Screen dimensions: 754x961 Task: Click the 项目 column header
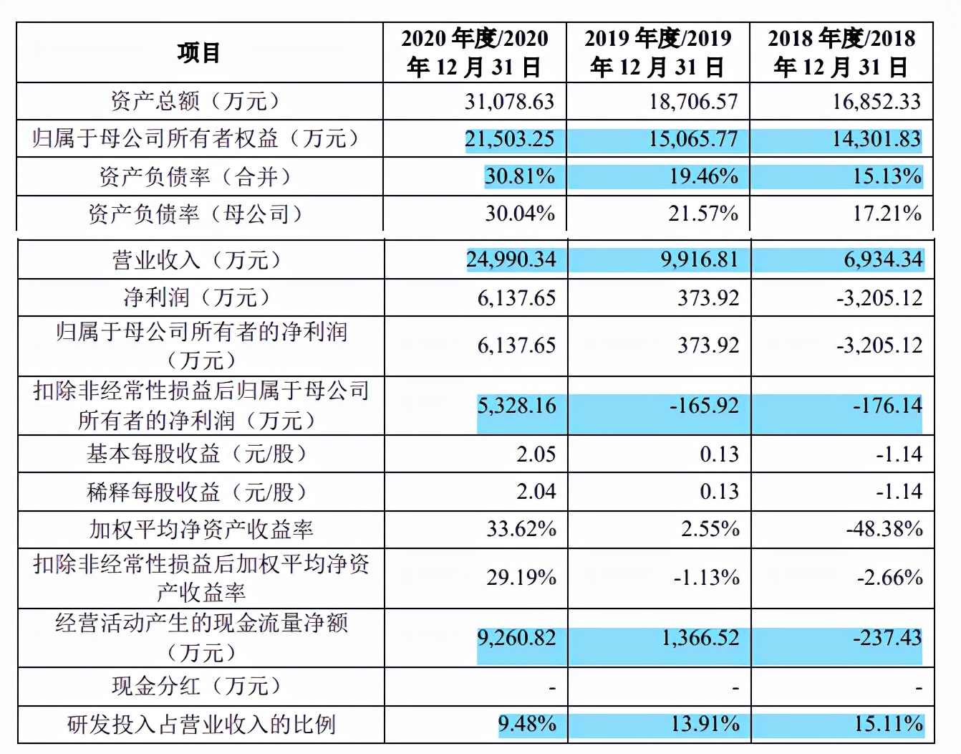click(x=199, y=52)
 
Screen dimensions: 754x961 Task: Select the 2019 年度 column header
click(x=657, y=52)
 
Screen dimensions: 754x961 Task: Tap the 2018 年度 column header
click(x=841, y=52)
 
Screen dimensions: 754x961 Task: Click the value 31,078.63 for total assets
click(x=509, y=101)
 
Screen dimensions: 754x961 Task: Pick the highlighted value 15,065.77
click(x=693, y=138)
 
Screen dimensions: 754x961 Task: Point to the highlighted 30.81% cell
click(x=520, y=176)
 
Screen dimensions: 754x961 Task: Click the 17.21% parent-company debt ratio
click(x=887, y=213)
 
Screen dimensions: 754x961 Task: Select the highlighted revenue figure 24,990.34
click(x=511, y=259)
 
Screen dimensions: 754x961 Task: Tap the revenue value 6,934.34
click(x=883, y=259)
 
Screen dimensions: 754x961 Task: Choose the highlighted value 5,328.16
click(x=516, y=406)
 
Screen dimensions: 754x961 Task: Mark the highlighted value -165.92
click(x=704, y=406)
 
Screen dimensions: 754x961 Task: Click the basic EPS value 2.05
click(x=536, y=454)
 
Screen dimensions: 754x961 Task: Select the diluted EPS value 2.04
click(x=536, y=492)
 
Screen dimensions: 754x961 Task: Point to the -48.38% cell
click(x=884, y=529)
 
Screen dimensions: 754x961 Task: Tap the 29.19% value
click(x=521, y=577)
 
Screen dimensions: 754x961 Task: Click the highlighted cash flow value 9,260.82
click(x=516, y=637)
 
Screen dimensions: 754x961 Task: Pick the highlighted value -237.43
click(x=887, y=637)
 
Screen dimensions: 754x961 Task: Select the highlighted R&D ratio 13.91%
click(x=705, y=724)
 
